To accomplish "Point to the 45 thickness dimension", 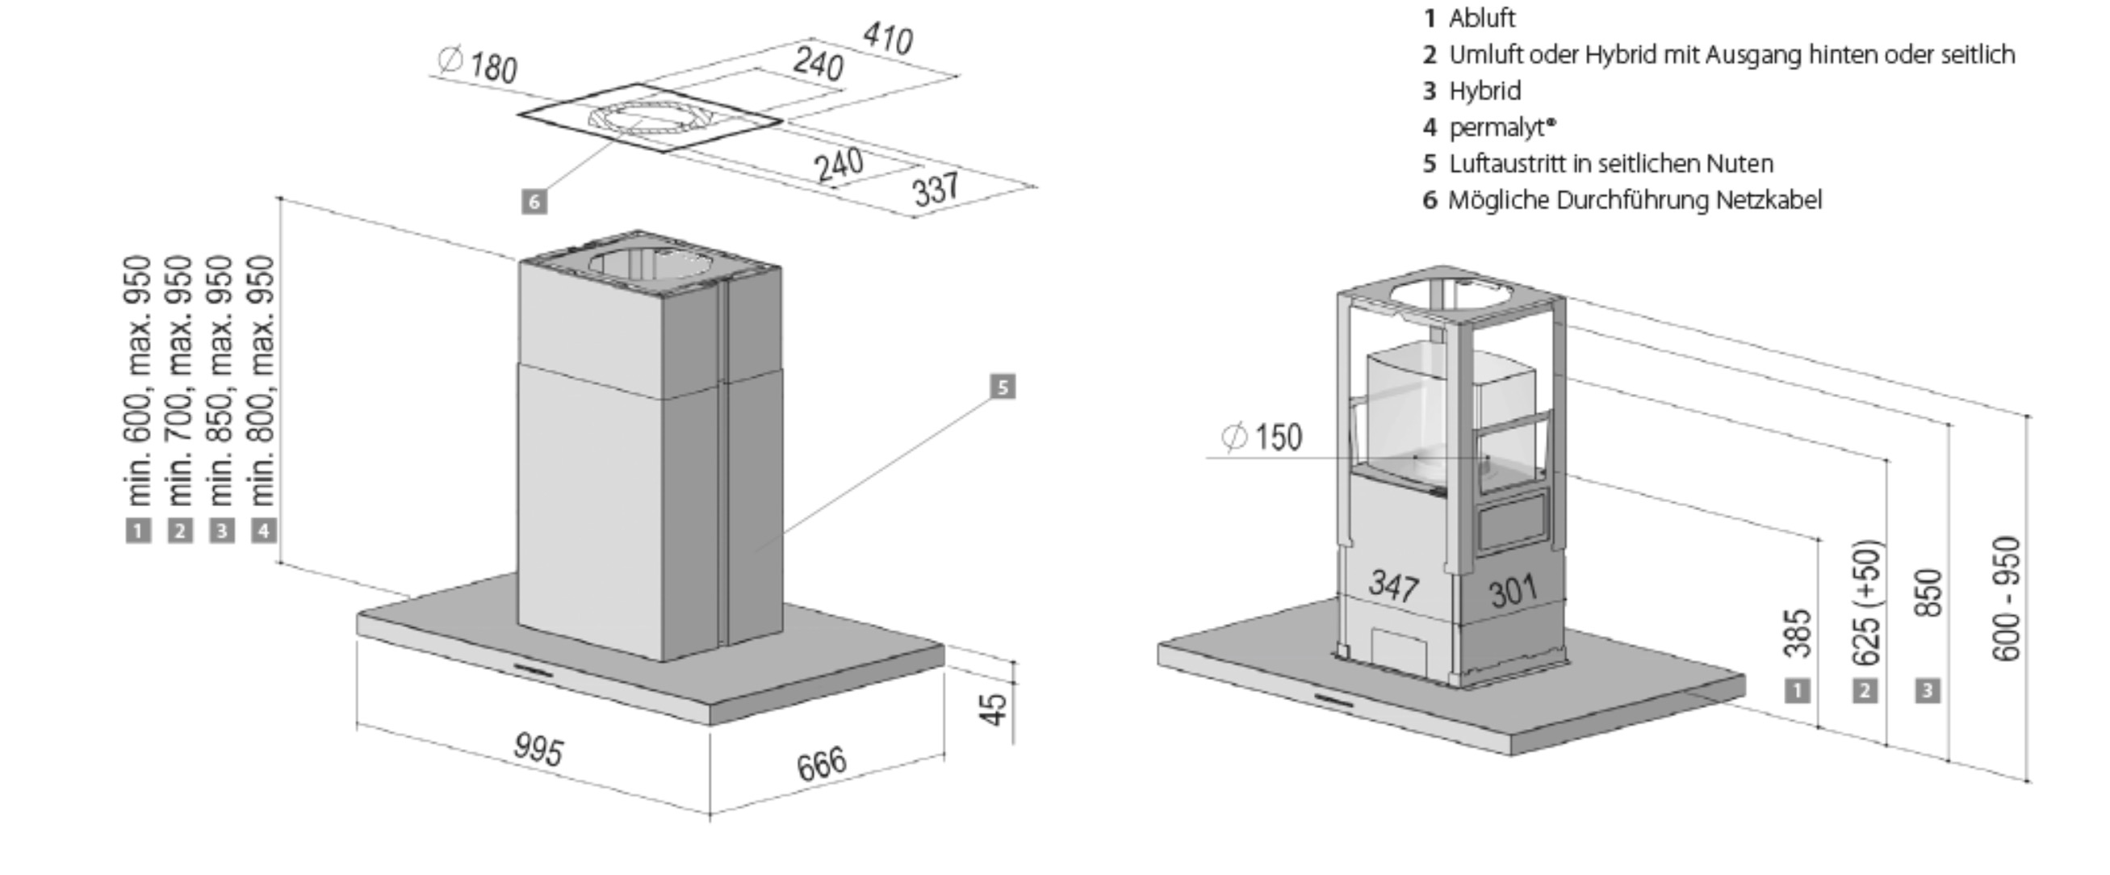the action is coord(993,710).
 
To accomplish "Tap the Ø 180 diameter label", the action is coord(478,65).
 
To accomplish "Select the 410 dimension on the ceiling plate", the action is coord(888,38).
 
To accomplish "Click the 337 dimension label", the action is coord(936,189).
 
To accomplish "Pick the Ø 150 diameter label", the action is coord(1262,437).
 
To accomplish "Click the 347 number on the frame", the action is coord(1393,586).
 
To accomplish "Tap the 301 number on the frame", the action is coord(1513,592).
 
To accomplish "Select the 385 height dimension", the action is coord(1797,633).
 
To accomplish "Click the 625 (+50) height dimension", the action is coord(1866,603).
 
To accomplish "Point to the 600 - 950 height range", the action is coord(2006,599).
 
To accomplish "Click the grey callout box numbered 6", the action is coord(534,202).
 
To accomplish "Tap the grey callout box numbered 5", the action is coord(1003,387).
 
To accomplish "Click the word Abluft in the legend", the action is coord(1482,18).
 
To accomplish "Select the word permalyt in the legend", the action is coord(1497,128).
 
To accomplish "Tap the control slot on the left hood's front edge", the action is coord(533,670).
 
